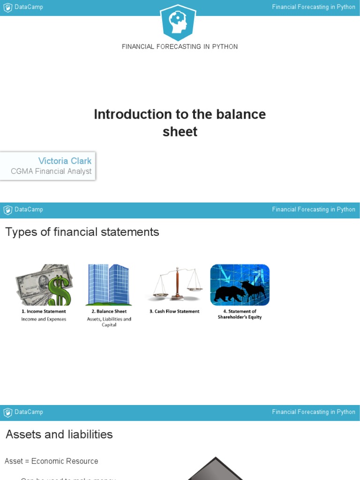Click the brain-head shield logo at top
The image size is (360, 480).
[178, 22]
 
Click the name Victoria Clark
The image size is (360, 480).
[65, 161]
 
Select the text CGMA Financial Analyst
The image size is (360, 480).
[51, 172]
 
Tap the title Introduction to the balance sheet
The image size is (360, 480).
[180, 123]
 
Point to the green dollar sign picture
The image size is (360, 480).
[45, 285]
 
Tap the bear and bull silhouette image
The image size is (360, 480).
[240, 285]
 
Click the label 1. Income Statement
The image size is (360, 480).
[44, 311]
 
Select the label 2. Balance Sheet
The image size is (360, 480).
[109, 311]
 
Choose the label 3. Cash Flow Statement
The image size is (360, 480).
[174, 311]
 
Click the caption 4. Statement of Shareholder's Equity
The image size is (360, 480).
[240, 314]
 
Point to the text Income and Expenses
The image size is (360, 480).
[44, 319]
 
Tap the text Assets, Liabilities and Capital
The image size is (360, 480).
[109, 322]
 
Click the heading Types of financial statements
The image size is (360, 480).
[82, 232]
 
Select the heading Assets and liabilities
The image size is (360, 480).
[59, 435]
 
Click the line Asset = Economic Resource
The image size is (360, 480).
[52, 461]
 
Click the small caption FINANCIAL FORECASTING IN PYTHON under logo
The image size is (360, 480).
[180, 47]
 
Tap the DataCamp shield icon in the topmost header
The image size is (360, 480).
[7, 7]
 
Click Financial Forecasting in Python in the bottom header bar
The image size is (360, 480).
[314, 412]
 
